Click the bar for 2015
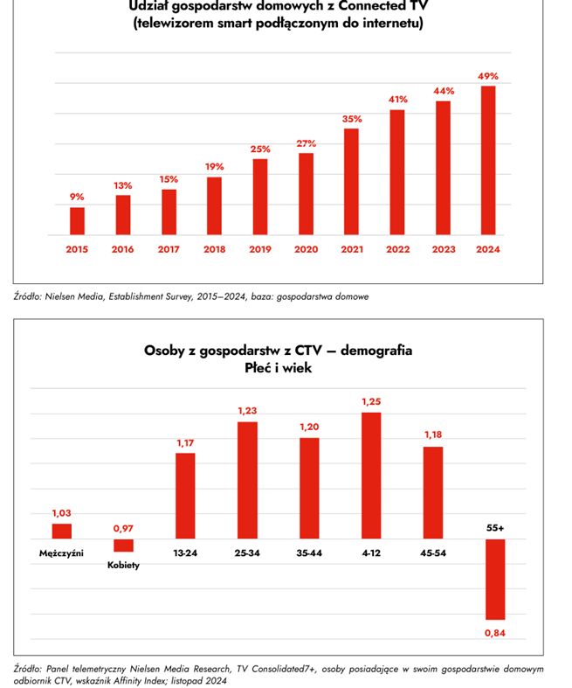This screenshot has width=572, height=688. pos(78,221)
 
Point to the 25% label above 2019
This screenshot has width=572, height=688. pos(259,149)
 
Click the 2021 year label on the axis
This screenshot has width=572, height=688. pos(351,249)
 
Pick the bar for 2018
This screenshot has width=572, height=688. pos(214,206)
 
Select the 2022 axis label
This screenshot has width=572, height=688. pos(397,249)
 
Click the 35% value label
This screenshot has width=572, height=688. pos(352,119)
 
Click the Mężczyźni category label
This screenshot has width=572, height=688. pos(61,553)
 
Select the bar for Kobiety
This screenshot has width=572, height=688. pos(123,546)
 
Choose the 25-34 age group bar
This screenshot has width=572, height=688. pos(247,480)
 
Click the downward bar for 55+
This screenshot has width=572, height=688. pos(495,580)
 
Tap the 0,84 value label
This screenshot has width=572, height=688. pos(496,632)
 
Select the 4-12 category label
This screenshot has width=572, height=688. pos(371,553)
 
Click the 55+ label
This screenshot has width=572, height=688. pos(496,528)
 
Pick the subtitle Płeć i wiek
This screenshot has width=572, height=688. pos(278,369)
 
